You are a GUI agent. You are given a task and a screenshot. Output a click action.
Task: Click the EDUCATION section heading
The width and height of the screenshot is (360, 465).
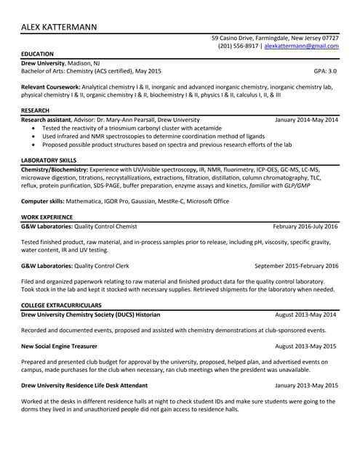point(37,54)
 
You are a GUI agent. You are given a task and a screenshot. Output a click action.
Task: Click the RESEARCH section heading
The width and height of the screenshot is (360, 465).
point(36,110)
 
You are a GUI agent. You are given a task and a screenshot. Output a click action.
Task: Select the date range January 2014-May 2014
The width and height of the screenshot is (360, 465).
point(307,119)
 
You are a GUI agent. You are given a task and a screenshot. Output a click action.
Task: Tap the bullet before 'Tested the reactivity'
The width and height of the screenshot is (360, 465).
point(36,128)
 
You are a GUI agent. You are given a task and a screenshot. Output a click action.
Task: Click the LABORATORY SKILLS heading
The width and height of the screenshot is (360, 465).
point(49,160)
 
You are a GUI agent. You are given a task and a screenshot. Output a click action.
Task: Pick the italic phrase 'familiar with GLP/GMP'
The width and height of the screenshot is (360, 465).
point(279,185)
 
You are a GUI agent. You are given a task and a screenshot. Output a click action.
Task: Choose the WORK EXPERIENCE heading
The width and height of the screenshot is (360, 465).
point(47,217)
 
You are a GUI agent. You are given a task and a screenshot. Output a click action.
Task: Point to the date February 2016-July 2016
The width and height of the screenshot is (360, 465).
point(305,226)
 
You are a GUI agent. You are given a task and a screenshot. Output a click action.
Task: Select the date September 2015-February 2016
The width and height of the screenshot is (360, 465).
point(297,266)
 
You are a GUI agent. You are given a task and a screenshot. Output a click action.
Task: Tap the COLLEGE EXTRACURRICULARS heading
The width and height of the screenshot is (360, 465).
point(61,305)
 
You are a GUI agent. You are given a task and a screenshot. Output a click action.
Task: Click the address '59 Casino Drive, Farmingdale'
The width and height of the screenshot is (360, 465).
point(250,37)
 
